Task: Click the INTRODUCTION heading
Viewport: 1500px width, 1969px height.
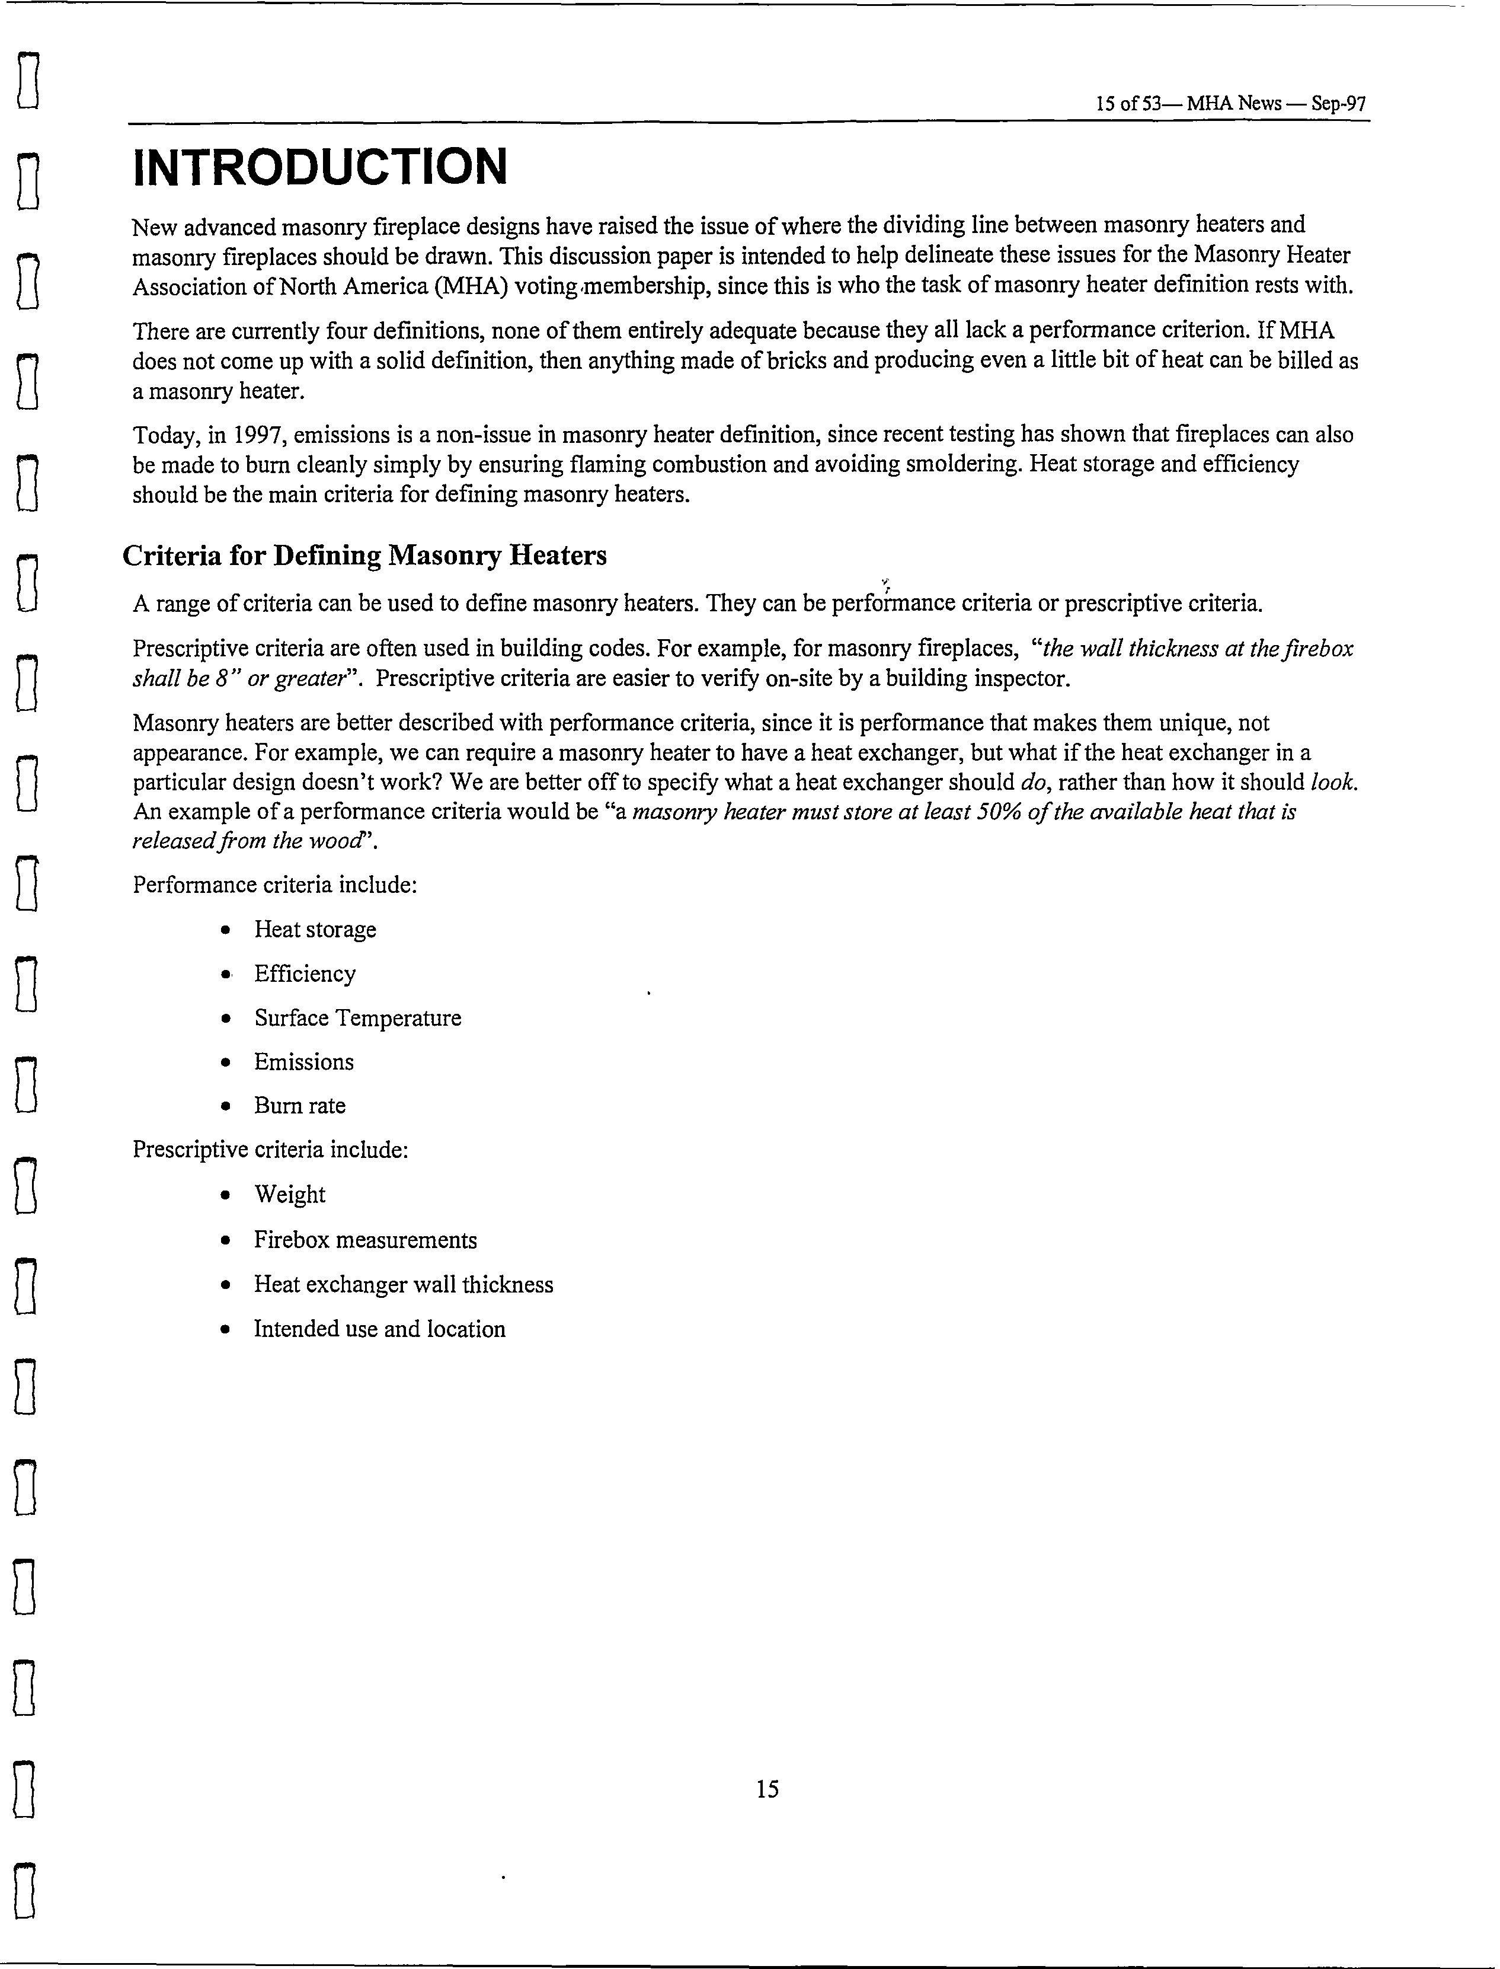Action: click(319, 168)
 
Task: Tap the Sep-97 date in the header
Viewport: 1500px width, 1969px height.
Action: click(1338, 104)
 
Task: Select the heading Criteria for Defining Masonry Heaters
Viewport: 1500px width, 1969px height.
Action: click(364, 556)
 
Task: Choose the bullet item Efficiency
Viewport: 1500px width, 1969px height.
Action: click(305, 974)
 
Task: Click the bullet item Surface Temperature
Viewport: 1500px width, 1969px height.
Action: click(357, 1018)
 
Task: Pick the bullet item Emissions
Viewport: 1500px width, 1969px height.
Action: click(303, 1062)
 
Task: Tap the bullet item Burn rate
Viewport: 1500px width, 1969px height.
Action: click(299, 1106)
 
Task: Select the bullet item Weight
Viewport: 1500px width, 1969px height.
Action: click(289, 1195)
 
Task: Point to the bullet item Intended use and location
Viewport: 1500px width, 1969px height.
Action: click(379, 1329)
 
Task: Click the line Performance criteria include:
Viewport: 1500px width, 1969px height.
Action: click(275, 885)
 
